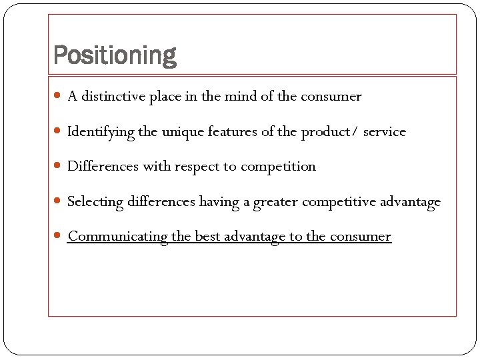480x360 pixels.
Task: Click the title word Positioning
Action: (x=114, y=55)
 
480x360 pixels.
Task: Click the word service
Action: (x=385, y=131)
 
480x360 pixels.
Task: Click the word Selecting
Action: (x=95, y=202)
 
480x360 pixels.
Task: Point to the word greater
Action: (x=276, y=202)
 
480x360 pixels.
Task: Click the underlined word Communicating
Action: (x=117, y=237)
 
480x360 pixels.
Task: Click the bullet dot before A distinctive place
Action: (x=61, y=97)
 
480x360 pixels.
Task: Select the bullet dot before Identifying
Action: (x=61, y=132)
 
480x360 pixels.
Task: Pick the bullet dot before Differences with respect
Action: (x=61, y=167)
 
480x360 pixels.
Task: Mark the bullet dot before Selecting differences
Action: (x=61, y=201)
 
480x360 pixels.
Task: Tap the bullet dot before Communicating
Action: (x=61, y=237)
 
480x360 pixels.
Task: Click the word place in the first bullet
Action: (x=165, y=97)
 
